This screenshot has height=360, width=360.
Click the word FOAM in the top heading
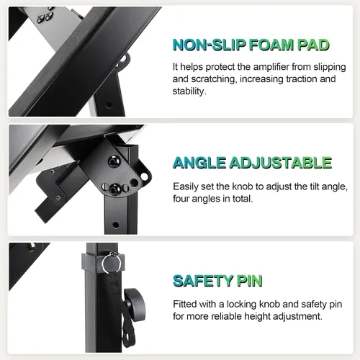click(x=271, y=45)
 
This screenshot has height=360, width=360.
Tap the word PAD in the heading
click(x=313, y=45)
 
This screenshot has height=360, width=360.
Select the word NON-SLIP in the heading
click(x=209, y=45)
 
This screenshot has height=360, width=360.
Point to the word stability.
click(x=189, y=91)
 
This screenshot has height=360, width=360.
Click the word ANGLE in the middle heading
click(x=199, y=163)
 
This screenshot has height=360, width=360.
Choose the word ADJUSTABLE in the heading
click(x=281, y=163)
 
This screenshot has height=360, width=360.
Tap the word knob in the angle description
click(x=243, y=186)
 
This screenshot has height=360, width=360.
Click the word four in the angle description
click(x=181, y=199)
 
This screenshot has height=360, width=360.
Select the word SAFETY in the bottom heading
click(x=203, y=281)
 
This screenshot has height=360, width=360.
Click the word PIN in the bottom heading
click(x=249, y=281)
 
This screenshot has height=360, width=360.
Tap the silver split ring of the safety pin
click(x=111, y=263)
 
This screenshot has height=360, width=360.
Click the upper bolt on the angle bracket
click(x=112, y=162)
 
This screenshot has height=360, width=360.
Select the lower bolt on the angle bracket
click(x=114, y=189)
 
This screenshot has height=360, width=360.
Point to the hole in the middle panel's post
click(x=116, y=225)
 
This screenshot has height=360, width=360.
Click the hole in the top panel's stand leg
click(x=109, y=105)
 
